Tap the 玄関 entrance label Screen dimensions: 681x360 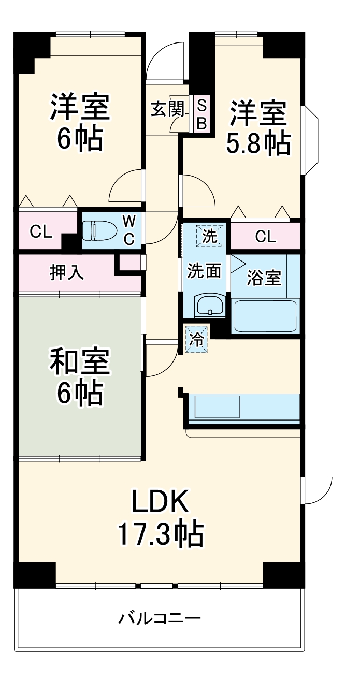click(167, 109)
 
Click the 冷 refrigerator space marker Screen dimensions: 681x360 click(196, 340)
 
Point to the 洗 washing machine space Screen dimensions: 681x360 click(210, 236)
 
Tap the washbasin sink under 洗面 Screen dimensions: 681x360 click(209, 306)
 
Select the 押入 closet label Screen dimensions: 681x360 click(67, 272)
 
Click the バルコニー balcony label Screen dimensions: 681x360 click(160, 618)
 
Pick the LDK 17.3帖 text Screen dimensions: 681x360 click(160, 518)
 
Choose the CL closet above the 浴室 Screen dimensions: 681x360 click(266, 237)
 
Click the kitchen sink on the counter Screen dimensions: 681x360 click(217, 407)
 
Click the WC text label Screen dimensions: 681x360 click(129, 230)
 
